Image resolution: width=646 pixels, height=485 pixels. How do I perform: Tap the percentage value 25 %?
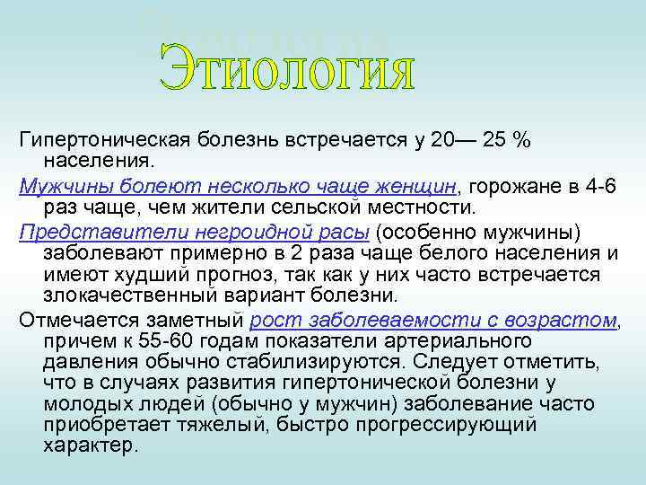(507, 141)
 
